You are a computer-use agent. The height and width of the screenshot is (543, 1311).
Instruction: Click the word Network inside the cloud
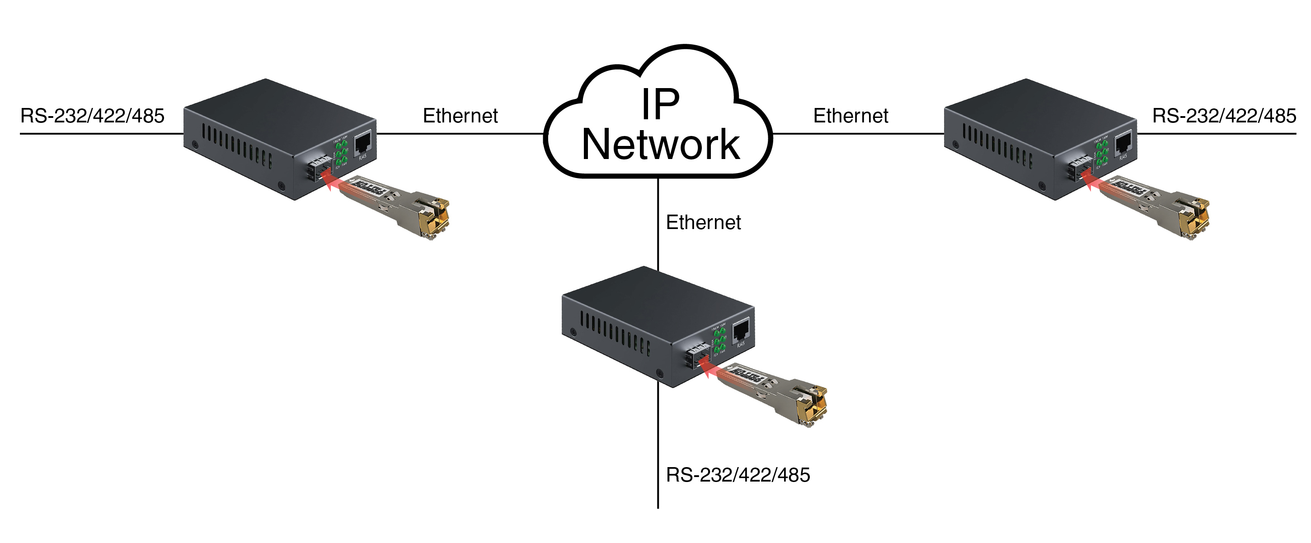[x=660, y=145]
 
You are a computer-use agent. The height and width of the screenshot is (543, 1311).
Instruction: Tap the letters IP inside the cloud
[x=660, y=104]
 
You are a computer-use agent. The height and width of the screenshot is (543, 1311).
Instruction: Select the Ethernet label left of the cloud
[x=460, y=116]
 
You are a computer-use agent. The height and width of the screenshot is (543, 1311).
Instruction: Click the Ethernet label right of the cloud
[x=851, y=116]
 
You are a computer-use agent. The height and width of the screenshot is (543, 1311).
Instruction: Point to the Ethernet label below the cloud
[x=703, y=223]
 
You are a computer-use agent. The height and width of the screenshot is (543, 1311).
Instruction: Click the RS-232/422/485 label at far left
[x=92, y=116]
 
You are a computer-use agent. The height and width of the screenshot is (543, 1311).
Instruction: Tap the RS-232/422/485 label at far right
[x=1224, y=116]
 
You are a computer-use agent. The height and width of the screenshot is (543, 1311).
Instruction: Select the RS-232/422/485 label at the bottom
[x=738, y=475]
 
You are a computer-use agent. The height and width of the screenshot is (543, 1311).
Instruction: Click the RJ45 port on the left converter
[x=362, y=142]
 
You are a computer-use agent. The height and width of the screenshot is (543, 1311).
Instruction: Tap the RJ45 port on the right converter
[x=1123, y=142]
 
